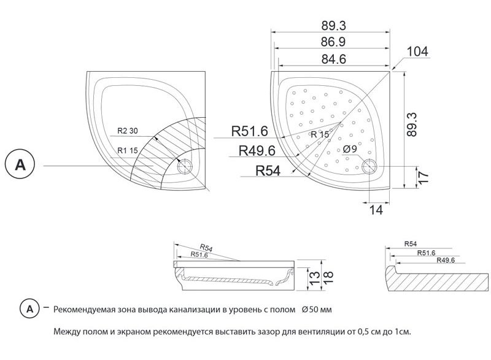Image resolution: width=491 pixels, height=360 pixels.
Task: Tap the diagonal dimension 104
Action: pyautogui.click(x=417, y=52)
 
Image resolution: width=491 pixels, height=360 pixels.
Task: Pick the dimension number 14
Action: pyautogui.click(x=376, y=210)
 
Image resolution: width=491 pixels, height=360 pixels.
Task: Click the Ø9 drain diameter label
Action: pyautogui.click(x=350, y=149)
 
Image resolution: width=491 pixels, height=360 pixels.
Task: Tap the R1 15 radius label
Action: pyautogui.click(x=128, y=150)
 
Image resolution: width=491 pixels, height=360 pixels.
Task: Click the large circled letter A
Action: pyautogui.click(x=20, y=166)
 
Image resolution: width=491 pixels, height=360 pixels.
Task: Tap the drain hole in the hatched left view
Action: pyautogui.click(x=185, y=166)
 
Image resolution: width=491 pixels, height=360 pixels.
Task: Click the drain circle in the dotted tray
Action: pyautogui.click(x=370, y=166)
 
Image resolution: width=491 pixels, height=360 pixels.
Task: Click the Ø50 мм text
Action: pyautogui.click(x=317, y=309)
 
